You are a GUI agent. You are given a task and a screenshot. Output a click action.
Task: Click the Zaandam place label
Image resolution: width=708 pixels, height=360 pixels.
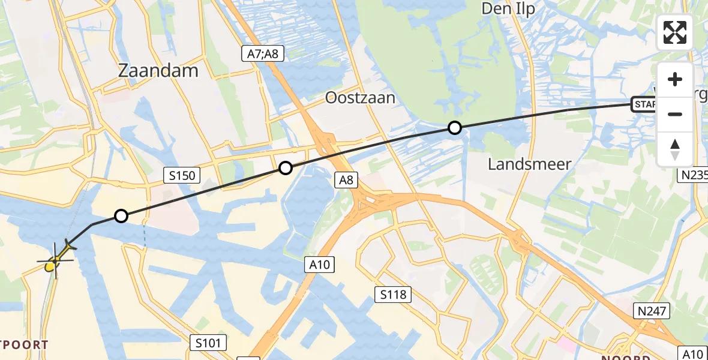click(158, 71)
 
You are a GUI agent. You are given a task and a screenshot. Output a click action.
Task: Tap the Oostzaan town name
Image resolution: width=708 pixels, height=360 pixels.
click(360, 98)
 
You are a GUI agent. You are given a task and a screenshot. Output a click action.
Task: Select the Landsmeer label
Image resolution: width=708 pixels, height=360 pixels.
click(529, 164)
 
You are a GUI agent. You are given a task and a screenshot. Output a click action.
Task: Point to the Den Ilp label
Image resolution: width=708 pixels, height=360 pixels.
click(509, 8)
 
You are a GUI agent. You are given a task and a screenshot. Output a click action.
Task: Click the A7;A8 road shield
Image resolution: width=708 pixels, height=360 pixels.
click(262, 54)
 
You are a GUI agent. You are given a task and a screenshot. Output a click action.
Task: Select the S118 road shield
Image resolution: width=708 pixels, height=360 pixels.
click(393, 295)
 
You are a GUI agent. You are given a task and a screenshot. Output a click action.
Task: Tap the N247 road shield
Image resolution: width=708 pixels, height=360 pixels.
click(652, 310)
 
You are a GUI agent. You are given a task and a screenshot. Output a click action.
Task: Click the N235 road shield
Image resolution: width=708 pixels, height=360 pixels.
click(693, 175)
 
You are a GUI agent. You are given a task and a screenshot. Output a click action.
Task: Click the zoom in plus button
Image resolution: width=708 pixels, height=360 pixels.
click(675, 79)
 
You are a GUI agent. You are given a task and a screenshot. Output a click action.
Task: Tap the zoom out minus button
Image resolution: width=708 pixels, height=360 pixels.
click(675, 114)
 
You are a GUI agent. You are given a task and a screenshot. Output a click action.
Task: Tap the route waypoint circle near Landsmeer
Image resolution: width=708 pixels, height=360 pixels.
click(455, 128)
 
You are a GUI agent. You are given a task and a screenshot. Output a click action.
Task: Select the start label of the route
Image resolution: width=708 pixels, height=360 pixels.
click(645, 106)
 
